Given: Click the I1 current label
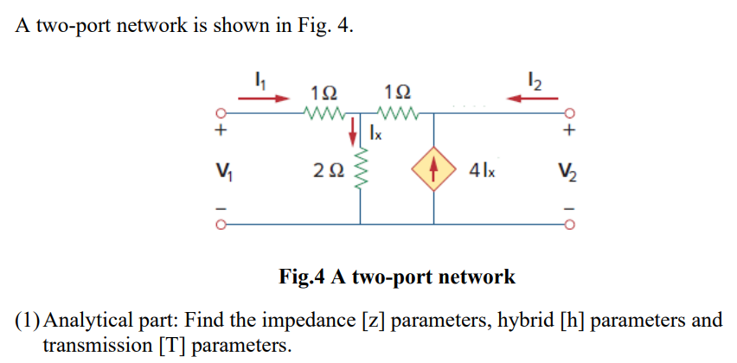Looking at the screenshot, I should pyautogui.click(x=259, y=83).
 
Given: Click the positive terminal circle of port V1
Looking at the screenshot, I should pyautogui.click(x=221, y=112).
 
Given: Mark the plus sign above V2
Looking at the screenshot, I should pyautogui.click(x=568, y=132).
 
